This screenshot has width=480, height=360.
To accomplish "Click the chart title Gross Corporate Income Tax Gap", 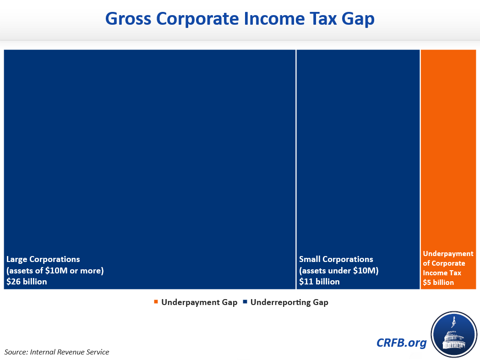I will click(x=240, y=19).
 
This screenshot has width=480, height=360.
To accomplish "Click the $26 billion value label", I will click(x=27, y=282).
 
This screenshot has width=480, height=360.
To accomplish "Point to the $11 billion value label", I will click(x=319, y=282).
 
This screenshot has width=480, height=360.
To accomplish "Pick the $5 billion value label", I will click(x=438, y=283).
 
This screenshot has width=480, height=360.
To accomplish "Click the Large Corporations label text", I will click(x=43, y=259).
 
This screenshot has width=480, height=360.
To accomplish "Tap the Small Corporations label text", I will click(x=336, y=259).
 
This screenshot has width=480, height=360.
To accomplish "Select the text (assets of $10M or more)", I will click(x=55, y=271).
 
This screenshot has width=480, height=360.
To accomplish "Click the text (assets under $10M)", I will click(x=339, y=271).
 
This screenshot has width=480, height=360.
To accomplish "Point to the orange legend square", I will click(x=156, y=302).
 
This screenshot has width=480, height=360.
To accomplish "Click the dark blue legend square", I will click(x=245, y=302).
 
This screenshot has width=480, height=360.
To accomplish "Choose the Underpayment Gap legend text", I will click(x=199, y=302).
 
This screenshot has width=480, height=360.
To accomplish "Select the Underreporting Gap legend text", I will click(x=289, y=302).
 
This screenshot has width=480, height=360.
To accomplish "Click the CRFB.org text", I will click(x=401, y=343).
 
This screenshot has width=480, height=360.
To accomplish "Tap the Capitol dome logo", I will click(x=454, y=334).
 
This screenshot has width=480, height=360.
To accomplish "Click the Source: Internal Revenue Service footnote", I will click(x=57, y=352).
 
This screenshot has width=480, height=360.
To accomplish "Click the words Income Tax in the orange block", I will click(x=442, y=273).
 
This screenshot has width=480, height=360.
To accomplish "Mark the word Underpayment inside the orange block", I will click(x=448, y=254).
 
